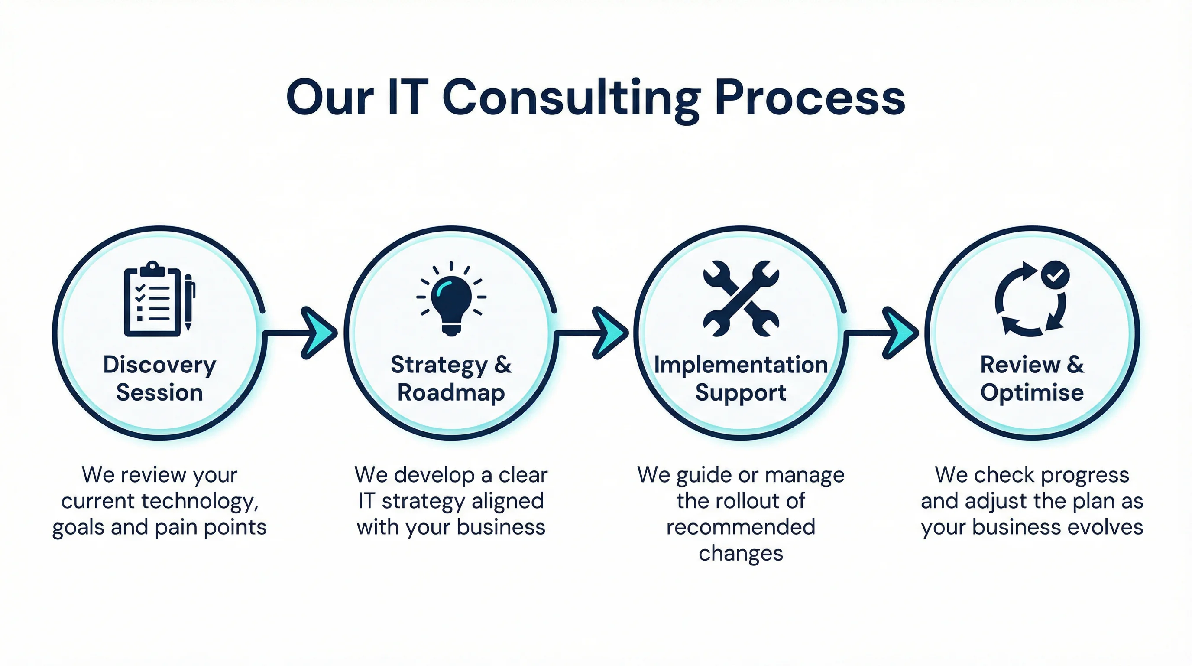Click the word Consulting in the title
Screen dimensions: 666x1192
click(571, 98)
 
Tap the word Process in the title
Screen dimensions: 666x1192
click(810, 98)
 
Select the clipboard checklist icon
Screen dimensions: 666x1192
click(153, 299)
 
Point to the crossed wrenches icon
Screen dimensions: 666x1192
click(741, 299)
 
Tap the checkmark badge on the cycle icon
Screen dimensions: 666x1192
click(1055, 275)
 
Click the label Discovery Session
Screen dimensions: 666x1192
click(160, 379)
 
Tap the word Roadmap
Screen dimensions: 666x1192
click(451, 393)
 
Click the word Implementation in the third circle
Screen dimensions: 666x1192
click(741, 365)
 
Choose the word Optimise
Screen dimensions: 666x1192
click(1032, 393)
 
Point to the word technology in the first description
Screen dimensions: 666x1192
click(198, 501)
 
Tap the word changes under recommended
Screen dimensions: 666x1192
click(741, 553)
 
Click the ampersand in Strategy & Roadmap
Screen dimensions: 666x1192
click(503, 365)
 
